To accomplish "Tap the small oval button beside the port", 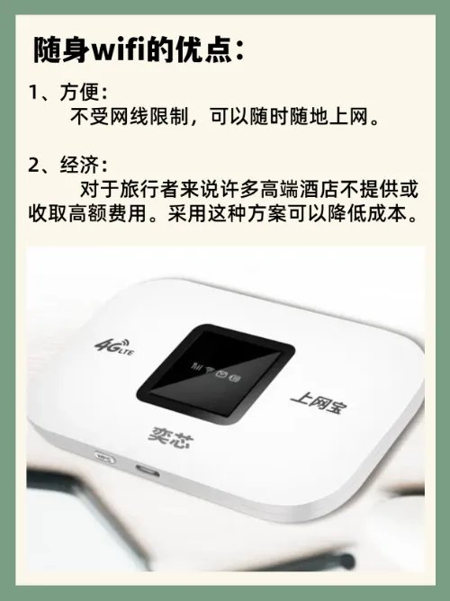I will pos(103,458).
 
